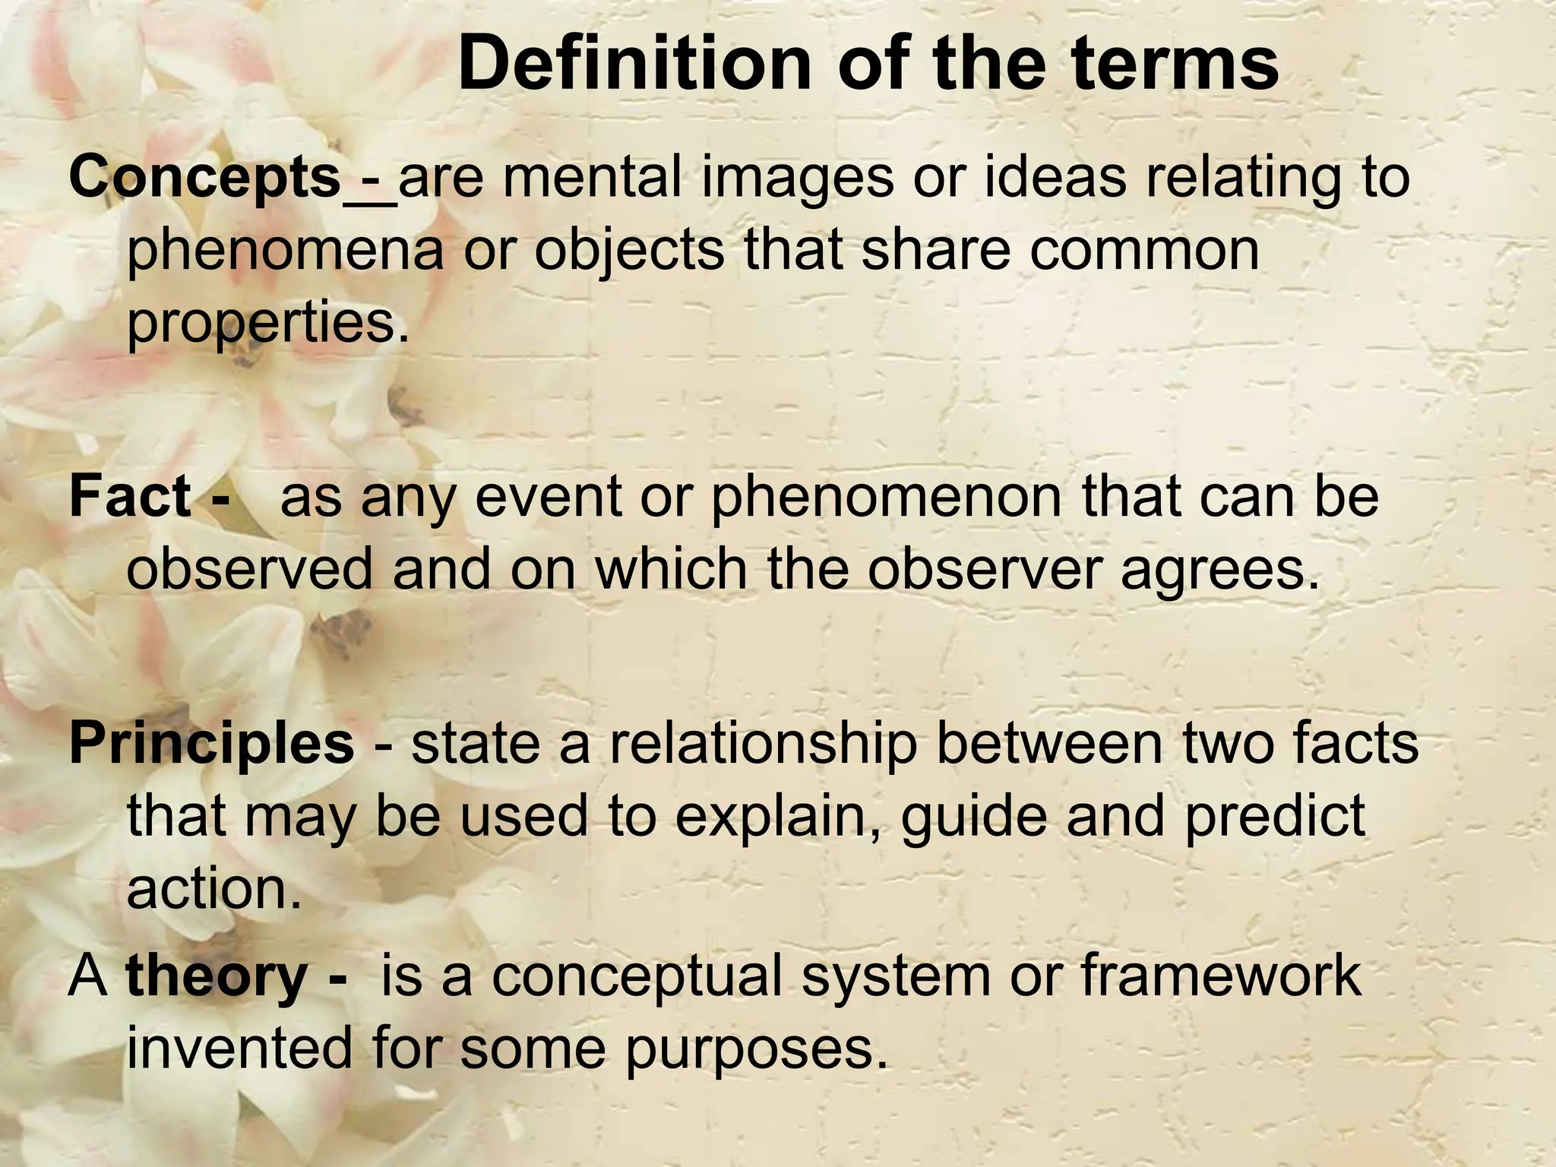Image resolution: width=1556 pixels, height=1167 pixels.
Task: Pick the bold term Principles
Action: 211,743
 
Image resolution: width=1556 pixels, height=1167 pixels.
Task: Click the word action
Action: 214,888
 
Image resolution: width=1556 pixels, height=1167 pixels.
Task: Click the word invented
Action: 239,1048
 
